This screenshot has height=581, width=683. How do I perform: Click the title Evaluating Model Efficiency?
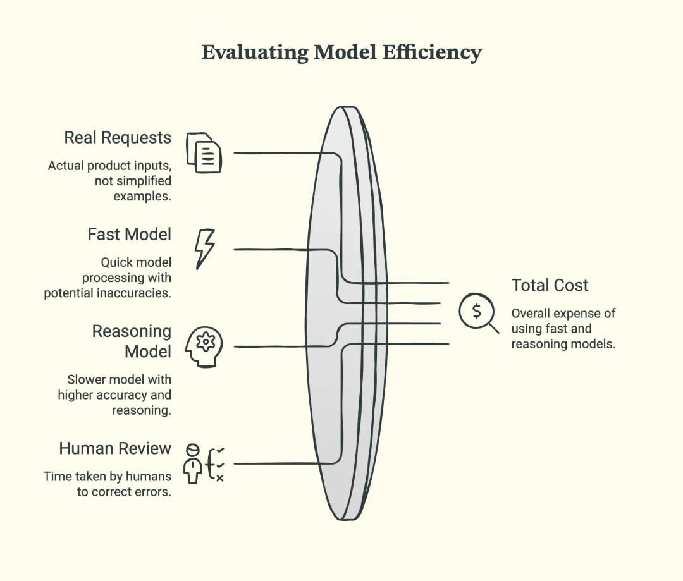(x=341, y=52)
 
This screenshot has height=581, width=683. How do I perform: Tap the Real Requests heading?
(x=118, y=138)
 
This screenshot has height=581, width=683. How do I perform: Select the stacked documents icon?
(x=204, y=153)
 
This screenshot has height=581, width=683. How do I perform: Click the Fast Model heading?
(x=130, y=235)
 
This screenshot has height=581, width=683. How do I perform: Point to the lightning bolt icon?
(x=205, y=248)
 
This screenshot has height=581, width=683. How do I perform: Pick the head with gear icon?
(x=204, y=346)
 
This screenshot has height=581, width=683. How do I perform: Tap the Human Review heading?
(x=115, y=448)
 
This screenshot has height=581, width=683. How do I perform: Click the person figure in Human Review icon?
(x=192, y=464)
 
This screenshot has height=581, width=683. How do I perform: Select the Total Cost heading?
(x=550, y=285)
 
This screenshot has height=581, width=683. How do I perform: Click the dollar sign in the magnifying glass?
(x=477, y=311)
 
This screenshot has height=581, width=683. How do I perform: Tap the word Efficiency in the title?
(x=432, y=52)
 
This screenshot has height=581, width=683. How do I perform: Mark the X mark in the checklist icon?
(x=220, y=478)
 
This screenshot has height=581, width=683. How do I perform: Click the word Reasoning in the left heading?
(x=132, y=331)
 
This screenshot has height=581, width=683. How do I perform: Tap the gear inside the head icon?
(x=206, y=341)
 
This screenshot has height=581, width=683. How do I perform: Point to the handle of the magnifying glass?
(x=493, y=327)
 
